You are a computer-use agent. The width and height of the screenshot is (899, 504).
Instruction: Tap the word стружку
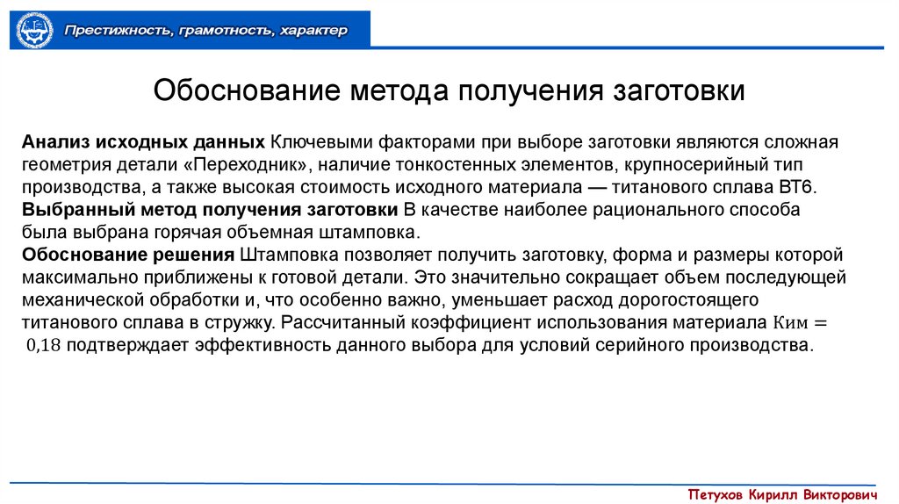[x=238, y=322]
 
